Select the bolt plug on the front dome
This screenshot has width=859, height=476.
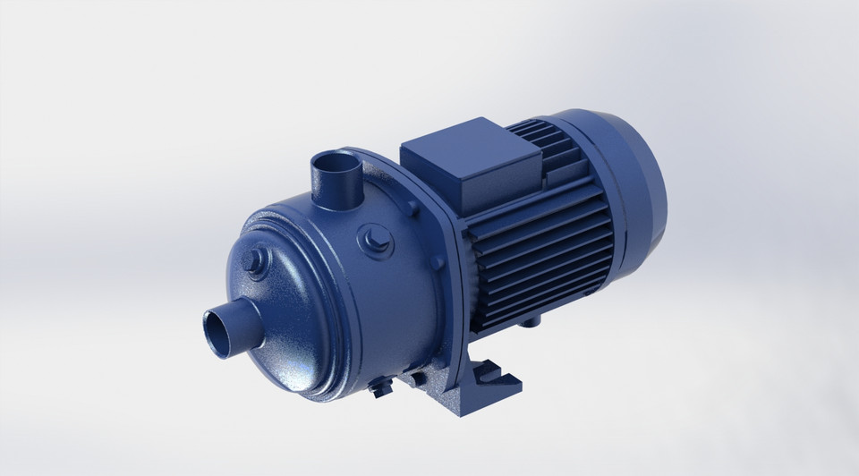pyautogui.click(x=256, y=266)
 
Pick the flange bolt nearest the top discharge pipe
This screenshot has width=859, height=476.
pyautogui.click(x=411, y=208)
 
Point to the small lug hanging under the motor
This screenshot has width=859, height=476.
pyautogui.click(x=536, y=318)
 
